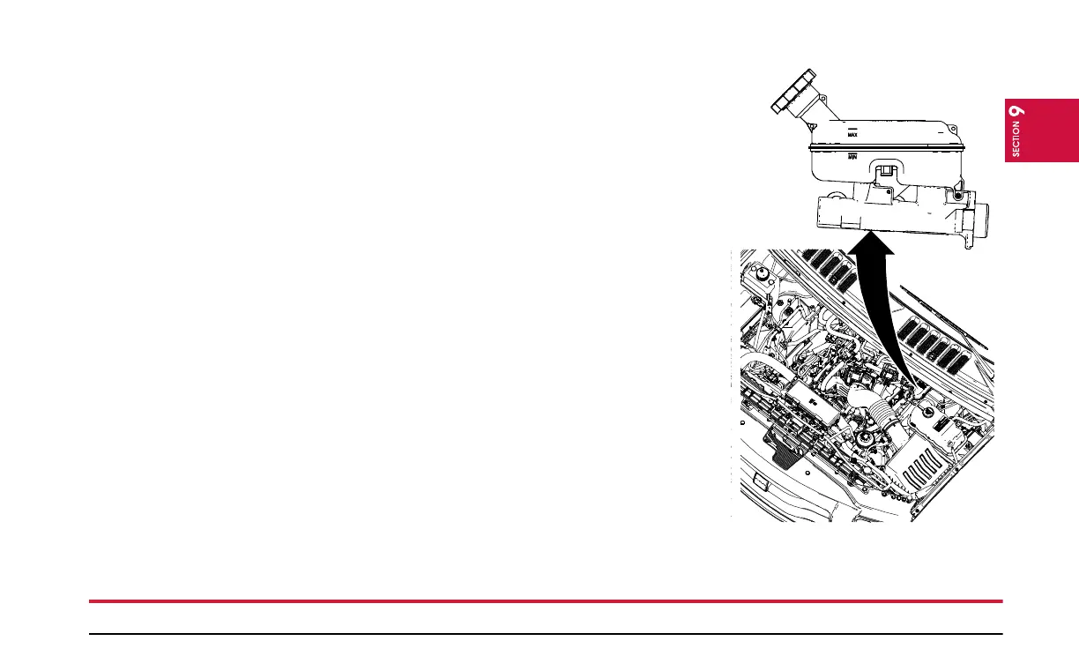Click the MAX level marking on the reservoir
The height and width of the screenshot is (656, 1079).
click(x=852, y=133)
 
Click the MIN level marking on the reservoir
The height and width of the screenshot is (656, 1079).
click(x=852, y=157)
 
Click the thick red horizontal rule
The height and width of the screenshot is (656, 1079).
click(x=546, y=601)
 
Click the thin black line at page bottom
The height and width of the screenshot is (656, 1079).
click(x=546, y=633)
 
